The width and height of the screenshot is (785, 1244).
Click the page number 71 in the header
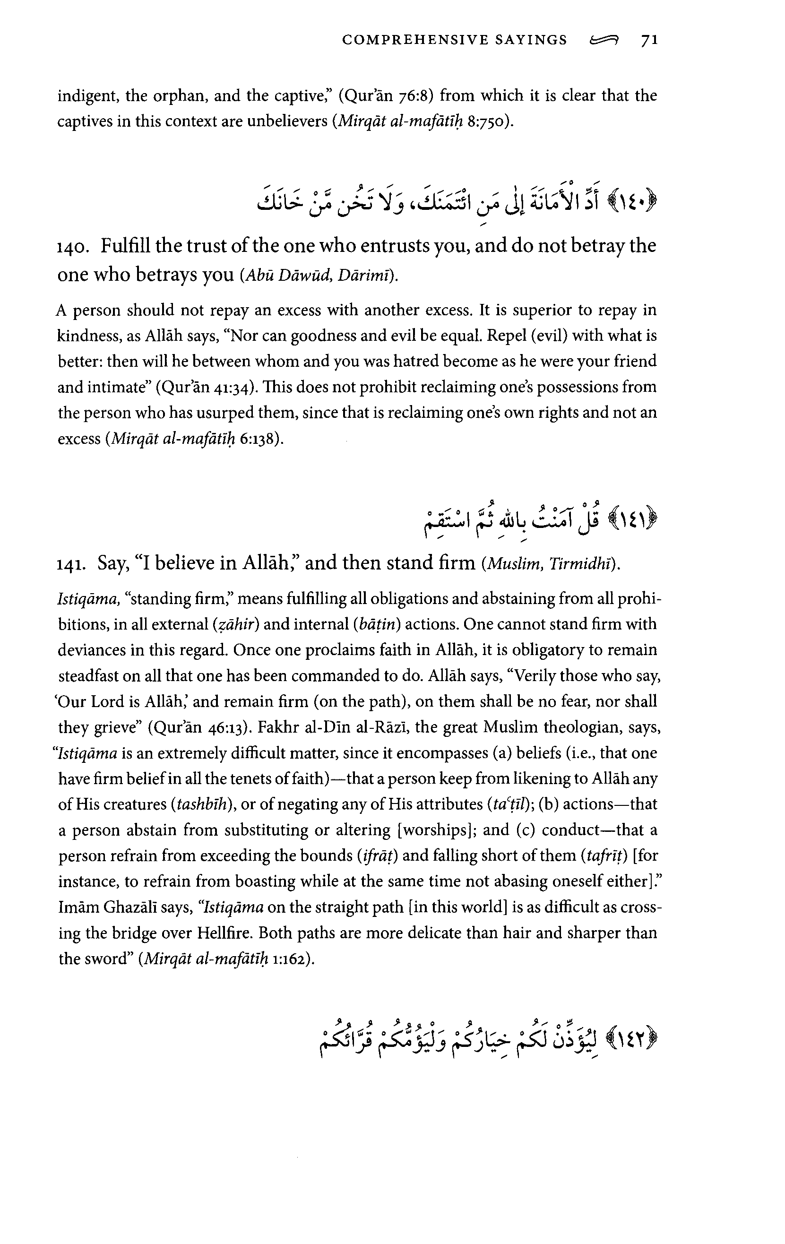[x=649, y=40]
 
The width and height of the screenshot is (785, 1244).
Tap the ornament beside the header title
[x=604, y=40]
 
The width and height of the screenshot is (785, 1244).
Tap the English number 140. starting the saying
[x=72, y=247]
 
